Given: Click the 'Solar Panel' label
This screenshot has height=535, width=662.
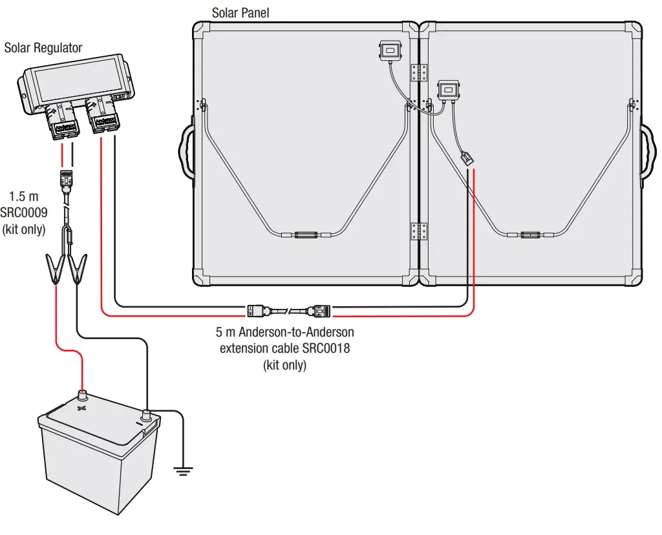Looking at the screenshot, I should coord(241,13).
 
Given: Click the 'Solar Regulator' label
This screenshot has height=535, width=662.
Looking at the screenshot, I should coord(43,48).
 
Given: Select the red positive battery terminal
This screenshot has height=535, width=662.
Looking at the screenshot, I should coord(82,395).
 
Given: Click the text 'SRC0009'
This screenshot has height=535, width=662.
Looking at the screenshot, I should coord(28,212).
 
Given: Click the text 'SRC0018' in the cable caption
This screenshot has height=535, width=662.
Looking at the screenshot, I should coord(327,349).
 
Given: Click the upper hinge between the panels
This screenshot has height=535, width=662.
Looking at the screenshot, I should coord(420,72).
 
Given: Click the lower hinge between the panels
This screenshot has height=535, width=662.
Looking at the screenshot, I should coord(420,231).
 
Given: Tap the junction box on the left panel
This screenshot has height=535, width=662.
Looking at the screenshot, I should coord(390,50).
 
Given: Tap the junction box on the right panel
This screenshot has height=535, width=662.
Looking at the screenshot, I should coord(448,90).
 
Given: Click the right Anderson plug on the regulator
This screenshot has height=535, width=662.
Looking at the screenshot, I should coord(103,118).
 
